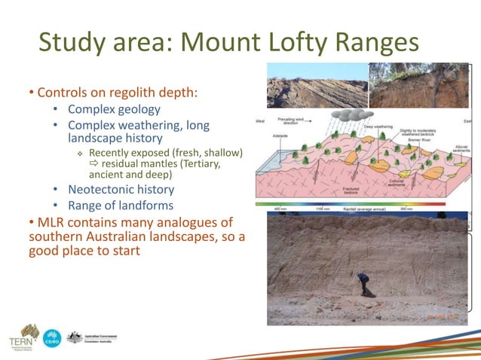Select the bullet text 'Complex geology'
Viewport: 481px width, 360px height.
point(114,110)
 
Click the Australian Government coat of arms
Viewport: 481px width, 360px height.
point(74,337)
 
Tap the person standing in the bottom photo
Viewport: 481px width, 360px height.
point(364,284)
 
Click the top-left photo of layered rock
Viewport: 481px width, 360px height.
point(317,86)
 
